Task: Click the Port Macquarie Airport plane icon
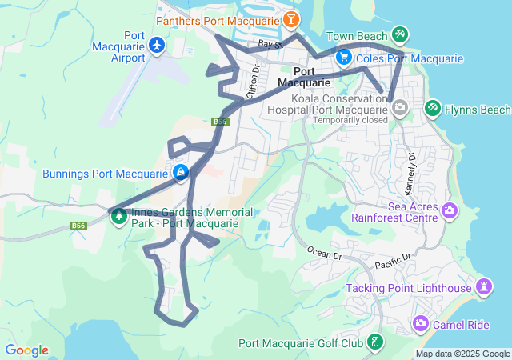156,45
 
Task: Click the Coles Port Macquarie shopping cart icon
344,58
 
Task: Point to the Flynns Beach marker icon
432,107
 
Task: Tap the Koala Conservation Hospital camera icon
398,107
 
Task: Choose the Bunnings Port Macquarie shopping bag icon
182,172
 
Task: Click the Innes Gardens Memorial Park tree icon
119,215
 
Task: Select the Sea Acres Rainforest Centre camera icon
449,210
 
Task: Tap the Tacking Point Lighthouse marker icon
483,286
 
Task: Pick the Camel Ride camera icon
420,323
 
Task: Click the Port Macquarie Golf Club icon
375,342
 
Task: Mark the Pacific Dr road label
392,261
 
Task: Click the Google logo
26,350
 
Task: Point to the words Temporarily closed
350,120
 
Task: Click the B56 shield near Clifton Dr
221,122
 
